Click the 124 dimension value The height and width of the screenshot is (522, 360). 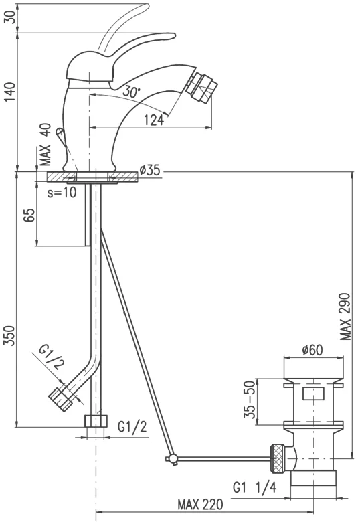pos(154,120)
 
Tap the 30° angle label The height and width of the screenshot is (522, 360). pos(131,90)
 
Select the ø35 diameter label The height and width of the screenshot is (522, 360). pos(150,170)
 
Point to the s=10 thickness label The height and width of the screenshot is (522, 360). pos(62,193)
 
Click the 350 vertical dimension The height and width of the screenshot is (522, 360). pos(10,335)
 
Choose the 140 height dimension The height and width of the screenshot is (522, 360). pos(10,92)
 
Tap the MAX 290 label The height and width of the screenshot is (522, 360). pos(345,317)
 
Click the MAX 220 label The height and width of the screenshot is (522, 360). pos(200,505)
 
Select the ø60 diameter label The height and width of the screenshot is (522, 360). pos(312,350)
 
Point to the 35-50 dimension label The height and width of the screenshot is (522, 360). pos(250,400)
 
